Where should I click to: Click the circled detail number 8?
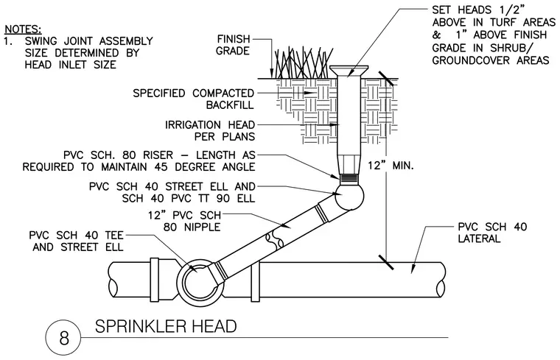point(64,337)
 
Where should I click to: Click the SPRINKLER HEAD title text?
point(166,326)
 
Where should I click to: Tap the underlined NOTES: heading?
point(24,29)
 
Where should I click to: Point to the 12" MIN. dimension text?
point(391,166)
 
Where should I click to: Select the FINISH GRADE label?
point(234,45)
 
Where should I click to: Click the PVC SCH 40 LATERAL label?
point(492,233)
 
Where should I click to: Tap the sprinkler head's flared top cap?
point(349,71)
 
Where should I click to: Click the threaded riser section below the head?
point(349,178)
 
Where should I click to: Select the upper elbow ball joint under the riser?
point(349,196)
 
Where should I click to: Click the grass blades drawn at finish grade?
point(304,63)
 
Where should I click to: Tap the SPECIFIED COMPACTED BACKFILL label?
point(194,99)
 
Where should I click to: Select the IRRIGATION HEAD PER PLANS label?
point(210,130)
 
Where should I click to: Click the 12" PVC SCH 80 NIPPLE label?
point(185,221)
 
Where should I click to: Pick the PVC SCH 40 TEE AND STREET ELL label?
point(77,241)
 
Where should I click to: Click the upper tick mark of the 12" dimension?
point(386,79)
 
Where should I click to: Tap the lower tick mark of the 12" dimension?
point(386,262)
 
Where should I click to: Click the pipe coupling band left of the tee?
point(155,279)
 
